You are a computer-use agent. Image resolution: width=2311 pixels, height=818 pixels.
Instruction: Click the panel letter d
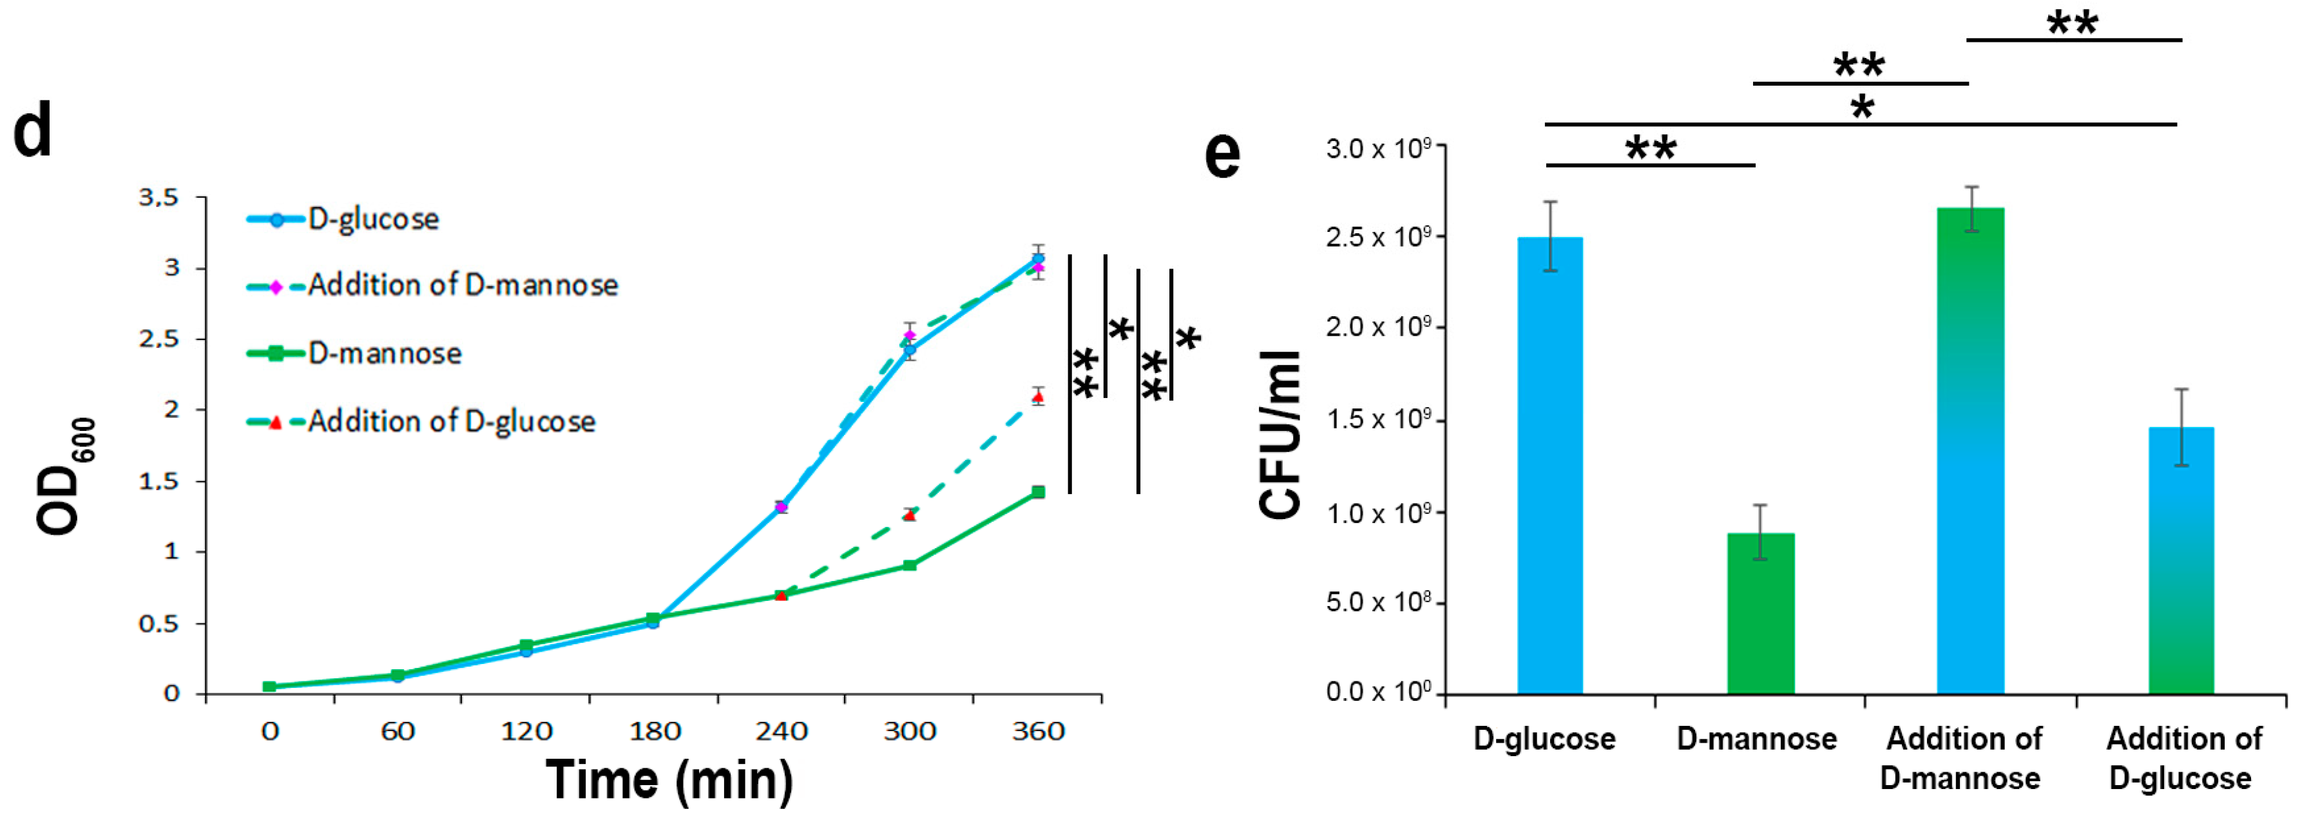tap(32, 133)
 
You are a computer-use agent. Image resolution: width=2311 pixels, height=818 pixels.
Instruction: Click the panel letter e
tap(1222, 155)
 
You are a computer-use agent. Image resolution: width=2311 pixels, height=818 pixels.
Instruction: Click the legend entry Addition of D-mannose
tap(434, 286)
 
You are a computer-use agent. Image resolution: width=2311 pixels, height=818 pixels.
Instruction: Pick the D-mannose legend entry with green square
tap(355, 354)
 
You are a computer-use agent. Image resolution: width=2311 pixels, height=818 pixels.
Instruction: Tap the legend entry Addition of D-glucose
tap(421, 421)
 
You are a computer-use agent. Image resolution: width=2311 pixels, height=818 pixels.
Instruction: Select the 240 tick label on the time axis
tap(782, 731)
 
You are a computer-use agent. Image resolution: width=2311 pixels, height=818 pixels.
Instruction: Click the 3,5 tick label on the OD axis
tap(158, 197)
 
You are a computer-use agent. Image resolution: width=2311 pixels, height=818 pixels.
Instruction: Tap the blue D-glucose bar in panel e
tap(1549, 466)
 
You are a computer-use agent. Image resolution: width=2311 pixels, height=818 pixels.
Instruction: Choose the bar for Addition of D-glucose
tap(2180, 560)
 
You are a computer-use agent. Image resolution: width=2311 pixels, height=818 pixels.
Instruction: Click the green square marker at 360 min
tap(1038, 491)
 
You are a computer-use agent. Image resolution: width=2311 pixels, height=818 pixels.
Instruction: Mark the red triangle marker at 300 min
tap(910, 514)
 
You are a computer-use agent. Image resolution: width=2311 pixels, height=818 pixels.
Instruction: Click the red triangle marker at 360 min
tap(1038, 397)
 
